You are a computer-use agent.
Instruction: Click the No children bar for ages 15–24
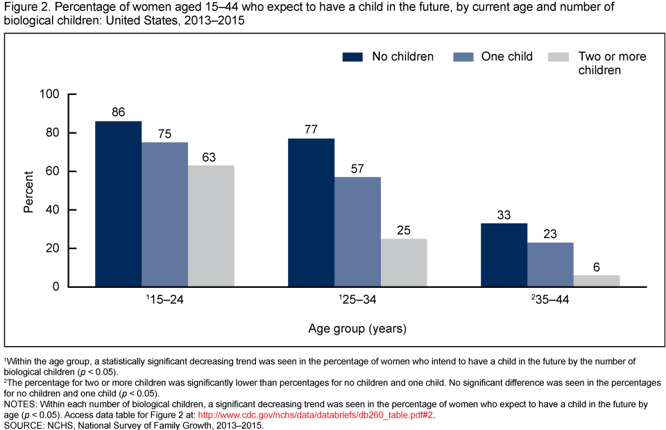pyautogui.click(x=118, y=204)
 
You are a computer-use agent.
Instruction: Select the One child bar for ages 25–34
pyautogui.click(x=357, y=232)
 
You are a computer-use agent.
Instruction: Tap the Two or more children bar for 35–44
pyautogui.click(x=597, y=281)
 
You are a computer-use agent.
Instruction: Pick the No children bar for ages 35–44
pyautogui.click(x=504, y=255)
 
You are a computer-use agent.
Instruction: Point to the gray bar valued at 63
pyautogui.click(x=211, y=226)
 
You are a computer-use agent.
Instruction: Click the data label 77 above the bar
pyautogui.click(x=311, y=128)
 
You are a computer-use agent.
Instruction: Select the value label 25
pyautogui.click(x=404, y=229)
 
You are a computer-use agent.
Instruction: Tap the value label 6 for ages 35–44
pyautogui.click(x=597, y=266)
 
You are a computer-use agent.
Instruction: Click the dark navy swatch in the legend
pyautogui.click(x=353, y=57)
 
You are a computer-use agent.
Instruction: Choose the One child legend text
pyautogui.click(x=506, y=57)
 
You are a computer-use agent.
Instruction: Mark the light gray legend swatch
pyautogui.click(x=558, y=57)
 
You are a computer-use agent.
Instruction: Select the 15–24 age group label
pyautogui.click(x=165, y=302)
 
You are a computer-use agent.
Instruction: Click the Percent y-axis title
pyautogui.click(x=28, y=191)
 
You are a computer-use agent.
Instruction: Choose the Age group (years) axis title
pyautogui.click(x=357, y=328)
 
